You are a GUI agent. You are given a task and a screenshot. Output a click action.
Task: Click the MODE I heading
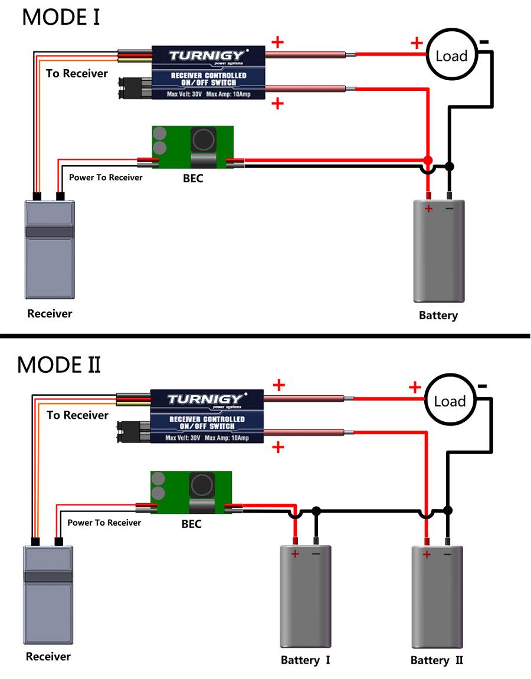point(61,17)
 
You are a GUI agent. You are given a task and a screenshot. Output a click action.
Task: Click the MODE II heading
point(59,365)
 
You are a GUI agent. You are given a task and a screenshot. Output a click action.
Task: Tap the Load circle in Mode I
point(451,56)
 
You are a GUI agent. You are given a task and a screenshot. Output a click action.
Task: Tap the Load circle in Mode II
point(450,401)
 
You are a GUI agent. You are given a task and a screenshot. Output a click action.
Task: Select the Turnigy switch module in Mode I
point(208,73)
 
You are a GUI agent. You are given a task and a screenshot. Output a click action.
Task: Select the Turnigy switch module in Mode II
point(206,416)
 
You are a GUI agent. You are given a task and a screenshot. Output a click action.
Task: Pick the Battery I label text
point(305,660)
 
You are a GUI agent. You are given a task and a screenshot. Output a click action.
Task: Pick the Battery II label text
point(437,660)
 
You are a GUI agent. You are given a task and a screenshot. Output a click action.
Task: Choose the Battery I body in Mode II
point(305,596)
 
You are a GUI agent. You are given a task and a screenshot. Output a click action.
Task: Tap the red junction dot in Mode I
point(428,160)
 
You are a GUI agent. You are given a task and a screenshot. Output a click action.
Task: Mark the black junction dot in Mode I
point(450,166)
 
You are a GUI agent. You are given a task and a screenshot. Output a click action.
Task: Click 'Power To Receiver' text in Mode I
point(106,177)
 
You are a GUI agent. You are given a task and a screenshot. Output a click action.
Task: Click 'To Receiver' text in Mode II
point(77,415)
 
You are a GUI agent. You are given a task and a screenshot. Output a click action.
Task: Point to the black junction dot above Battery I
point(316,510)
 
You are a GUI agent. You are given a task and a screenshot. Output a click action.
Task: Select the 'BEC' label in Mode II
point(191,524)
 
